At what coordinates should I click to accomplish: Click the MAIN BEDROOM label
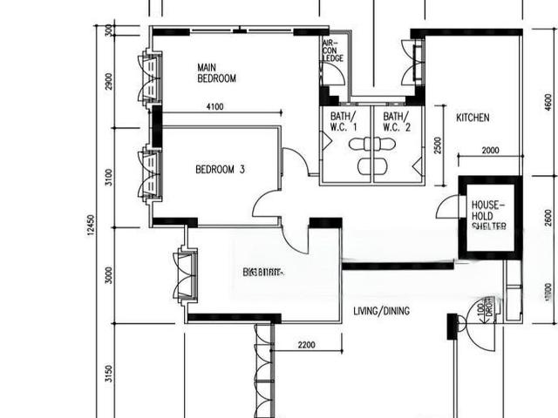pyautogui.click(x=216, y=72)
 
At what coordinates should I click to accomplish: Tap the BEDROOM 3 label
pyautogui.click(x=220, y=169)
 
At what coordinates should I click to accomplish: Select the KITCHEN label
pyautogui.click(x=473, y=118)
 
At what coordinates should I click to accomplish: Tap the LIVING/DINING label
pyautogui.click(x=381, y=311)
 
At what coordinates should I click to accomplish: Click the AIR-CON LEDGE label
pyautogui.click(x=333, y=50)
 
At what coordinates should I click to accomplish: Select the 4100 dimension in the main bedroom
pyautogui.click(x=215, y=107)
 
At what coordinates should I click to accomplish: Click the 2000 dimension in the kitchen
pyautogui.click(x=490, y=151)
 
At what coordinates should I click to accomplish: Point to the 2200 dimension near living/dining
pyautogui.click(x=306, y=346)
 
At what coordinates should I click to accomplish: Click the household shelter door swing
pyautogui.click(x=448, y=207)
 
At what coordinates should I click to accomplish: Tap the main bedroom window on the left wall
pyautogui.click(x=150, y=78)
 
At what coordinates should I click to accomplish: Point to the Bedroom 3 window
pyautogui.click(x=150, y=174)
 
